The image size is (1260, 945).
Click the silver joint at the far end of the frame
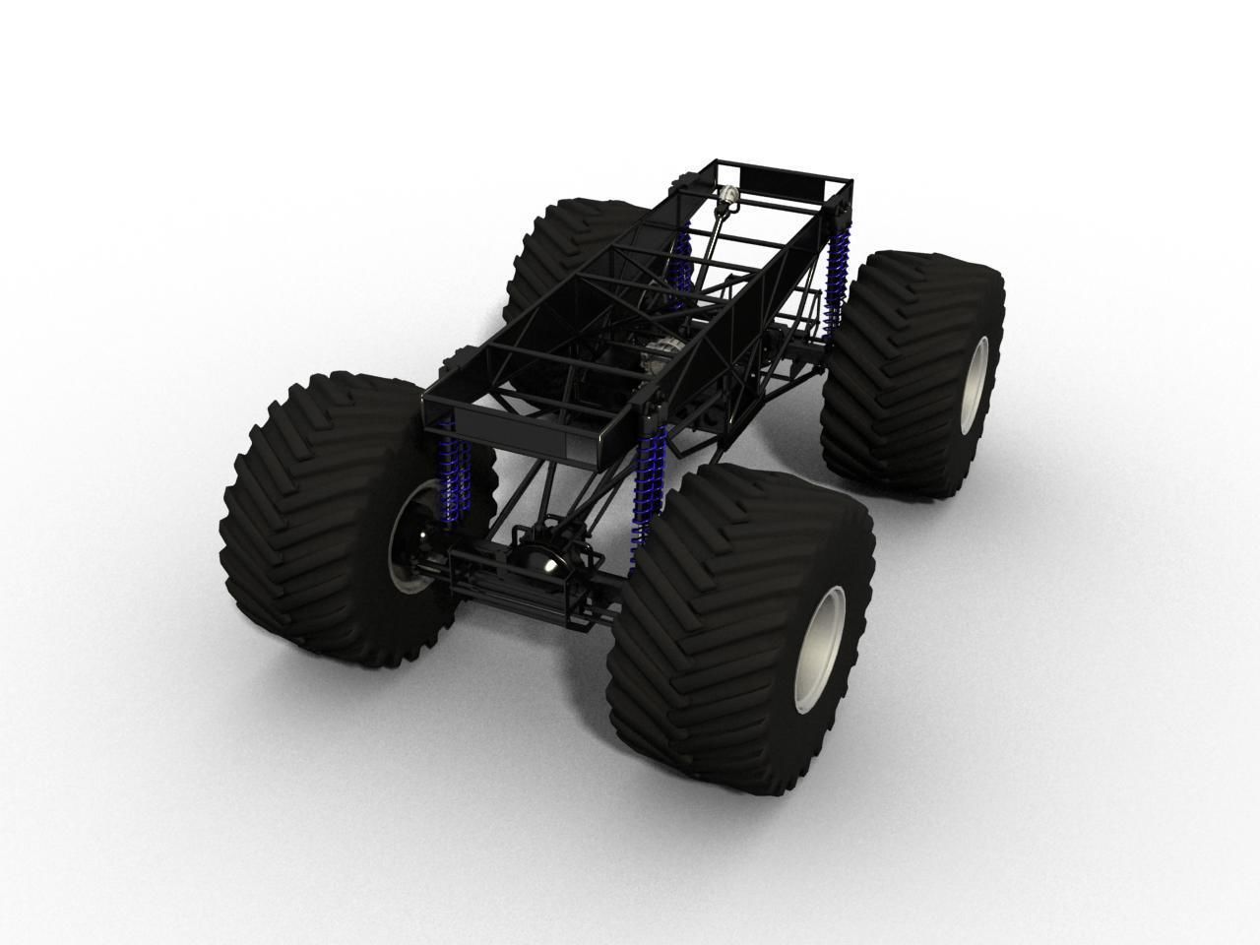(727, 197)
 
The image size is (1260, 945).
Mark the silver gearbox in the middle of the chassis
(665, 349)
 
